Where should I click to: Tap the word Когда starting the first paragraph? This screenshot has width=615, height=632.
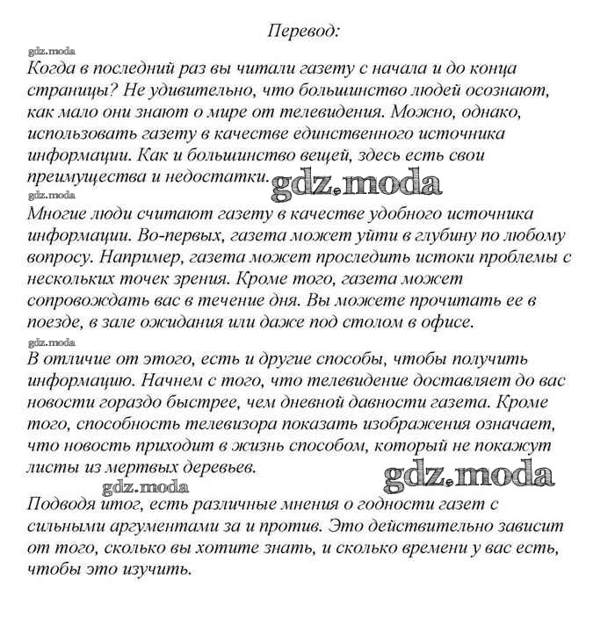[x=53, y=68]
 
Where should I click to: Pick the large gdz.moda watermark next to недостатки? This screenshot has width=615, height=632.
[x=355, y=183]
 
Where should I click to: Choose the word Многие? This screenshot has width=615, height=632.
[x=57, y=214]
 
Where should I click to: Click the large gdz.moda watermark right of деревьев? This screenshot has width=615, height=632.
[x=469, y=475]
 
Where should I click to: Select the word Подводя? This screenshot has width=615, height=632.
[x=61, y=506]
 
